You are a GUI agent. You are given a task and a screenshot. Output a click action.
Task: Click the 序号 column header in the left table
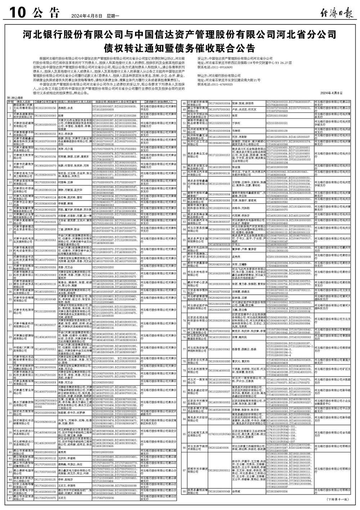click(10, 102)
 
